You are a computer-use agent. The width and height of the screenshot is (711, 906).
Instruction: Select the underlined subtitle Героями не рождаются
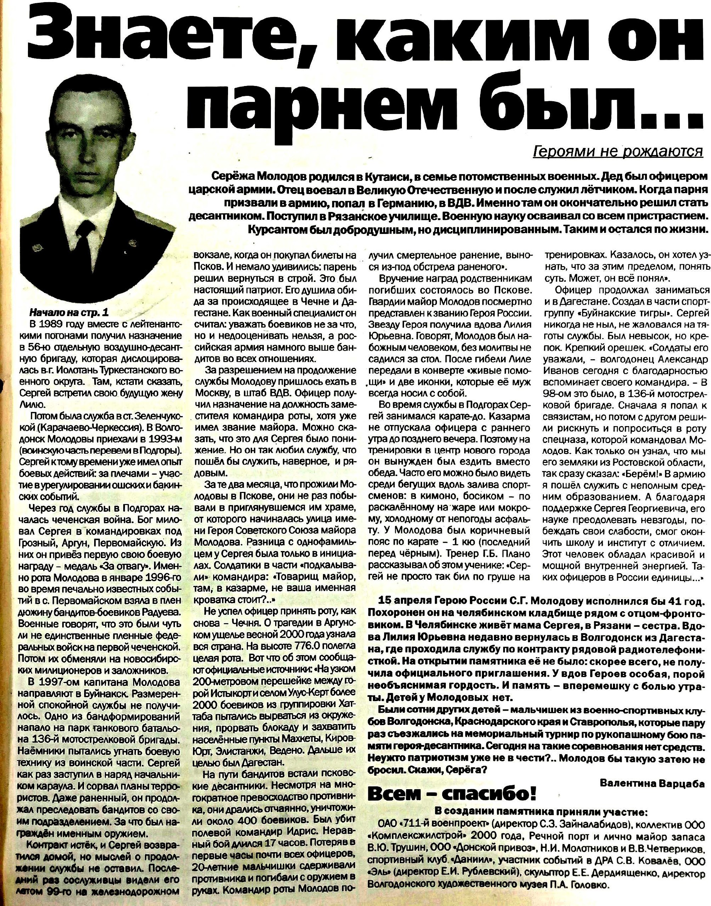pos(621,152)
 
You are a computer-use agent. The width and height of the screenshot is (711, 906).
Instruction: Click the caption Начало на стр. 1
pos(66,312)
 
